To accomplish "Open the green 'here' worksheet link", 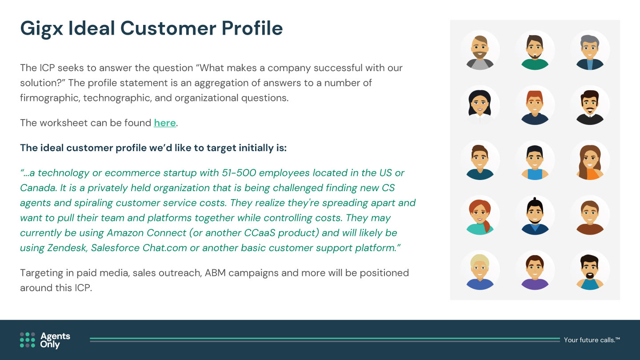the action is click(165, 123).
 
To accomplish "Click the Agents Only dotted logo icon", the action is click(28, 340).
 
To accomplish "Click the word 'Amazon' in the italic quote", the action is click(125, 233).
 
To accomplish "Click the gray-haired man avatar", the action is click(590, 52).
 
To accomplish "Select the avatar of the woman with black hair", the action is click(480, 107).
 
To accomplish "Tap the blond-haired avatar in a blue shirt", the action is click(480, 272).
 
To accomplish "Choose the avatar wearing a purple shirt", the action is click(535, 272).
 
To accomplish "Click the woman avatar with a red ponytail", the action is click(480, 217).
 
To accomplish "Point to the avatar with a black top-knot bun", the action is click(535, 216).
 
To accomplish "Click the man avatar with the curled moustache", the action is click(590, 107).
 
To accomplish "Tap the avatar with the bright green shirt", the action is click(535, 52).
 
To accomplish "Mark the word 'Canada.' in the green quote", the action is click(39, 188).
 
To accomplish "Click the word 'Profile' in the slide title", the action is click(252, 28).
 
